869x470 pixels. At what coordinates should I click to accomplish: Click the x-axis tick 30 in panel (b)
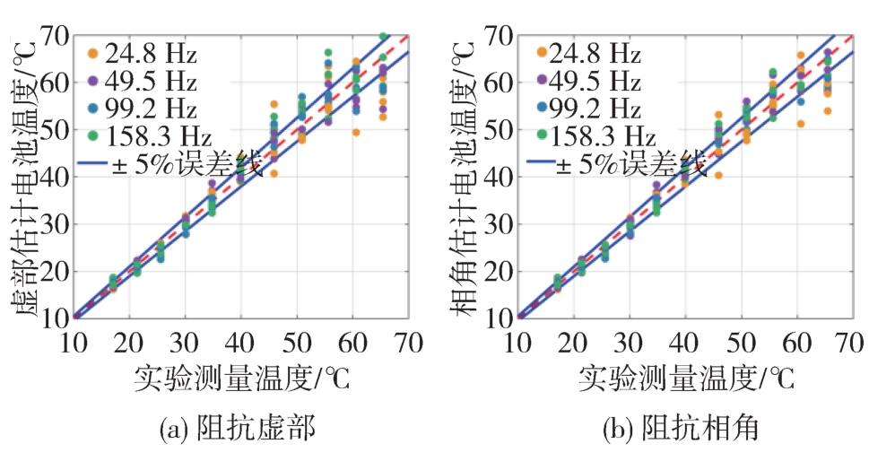tap(629, 342)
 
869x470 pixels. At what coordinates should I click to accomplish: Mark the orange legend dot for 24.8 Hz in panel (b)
tap(543, 53)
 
